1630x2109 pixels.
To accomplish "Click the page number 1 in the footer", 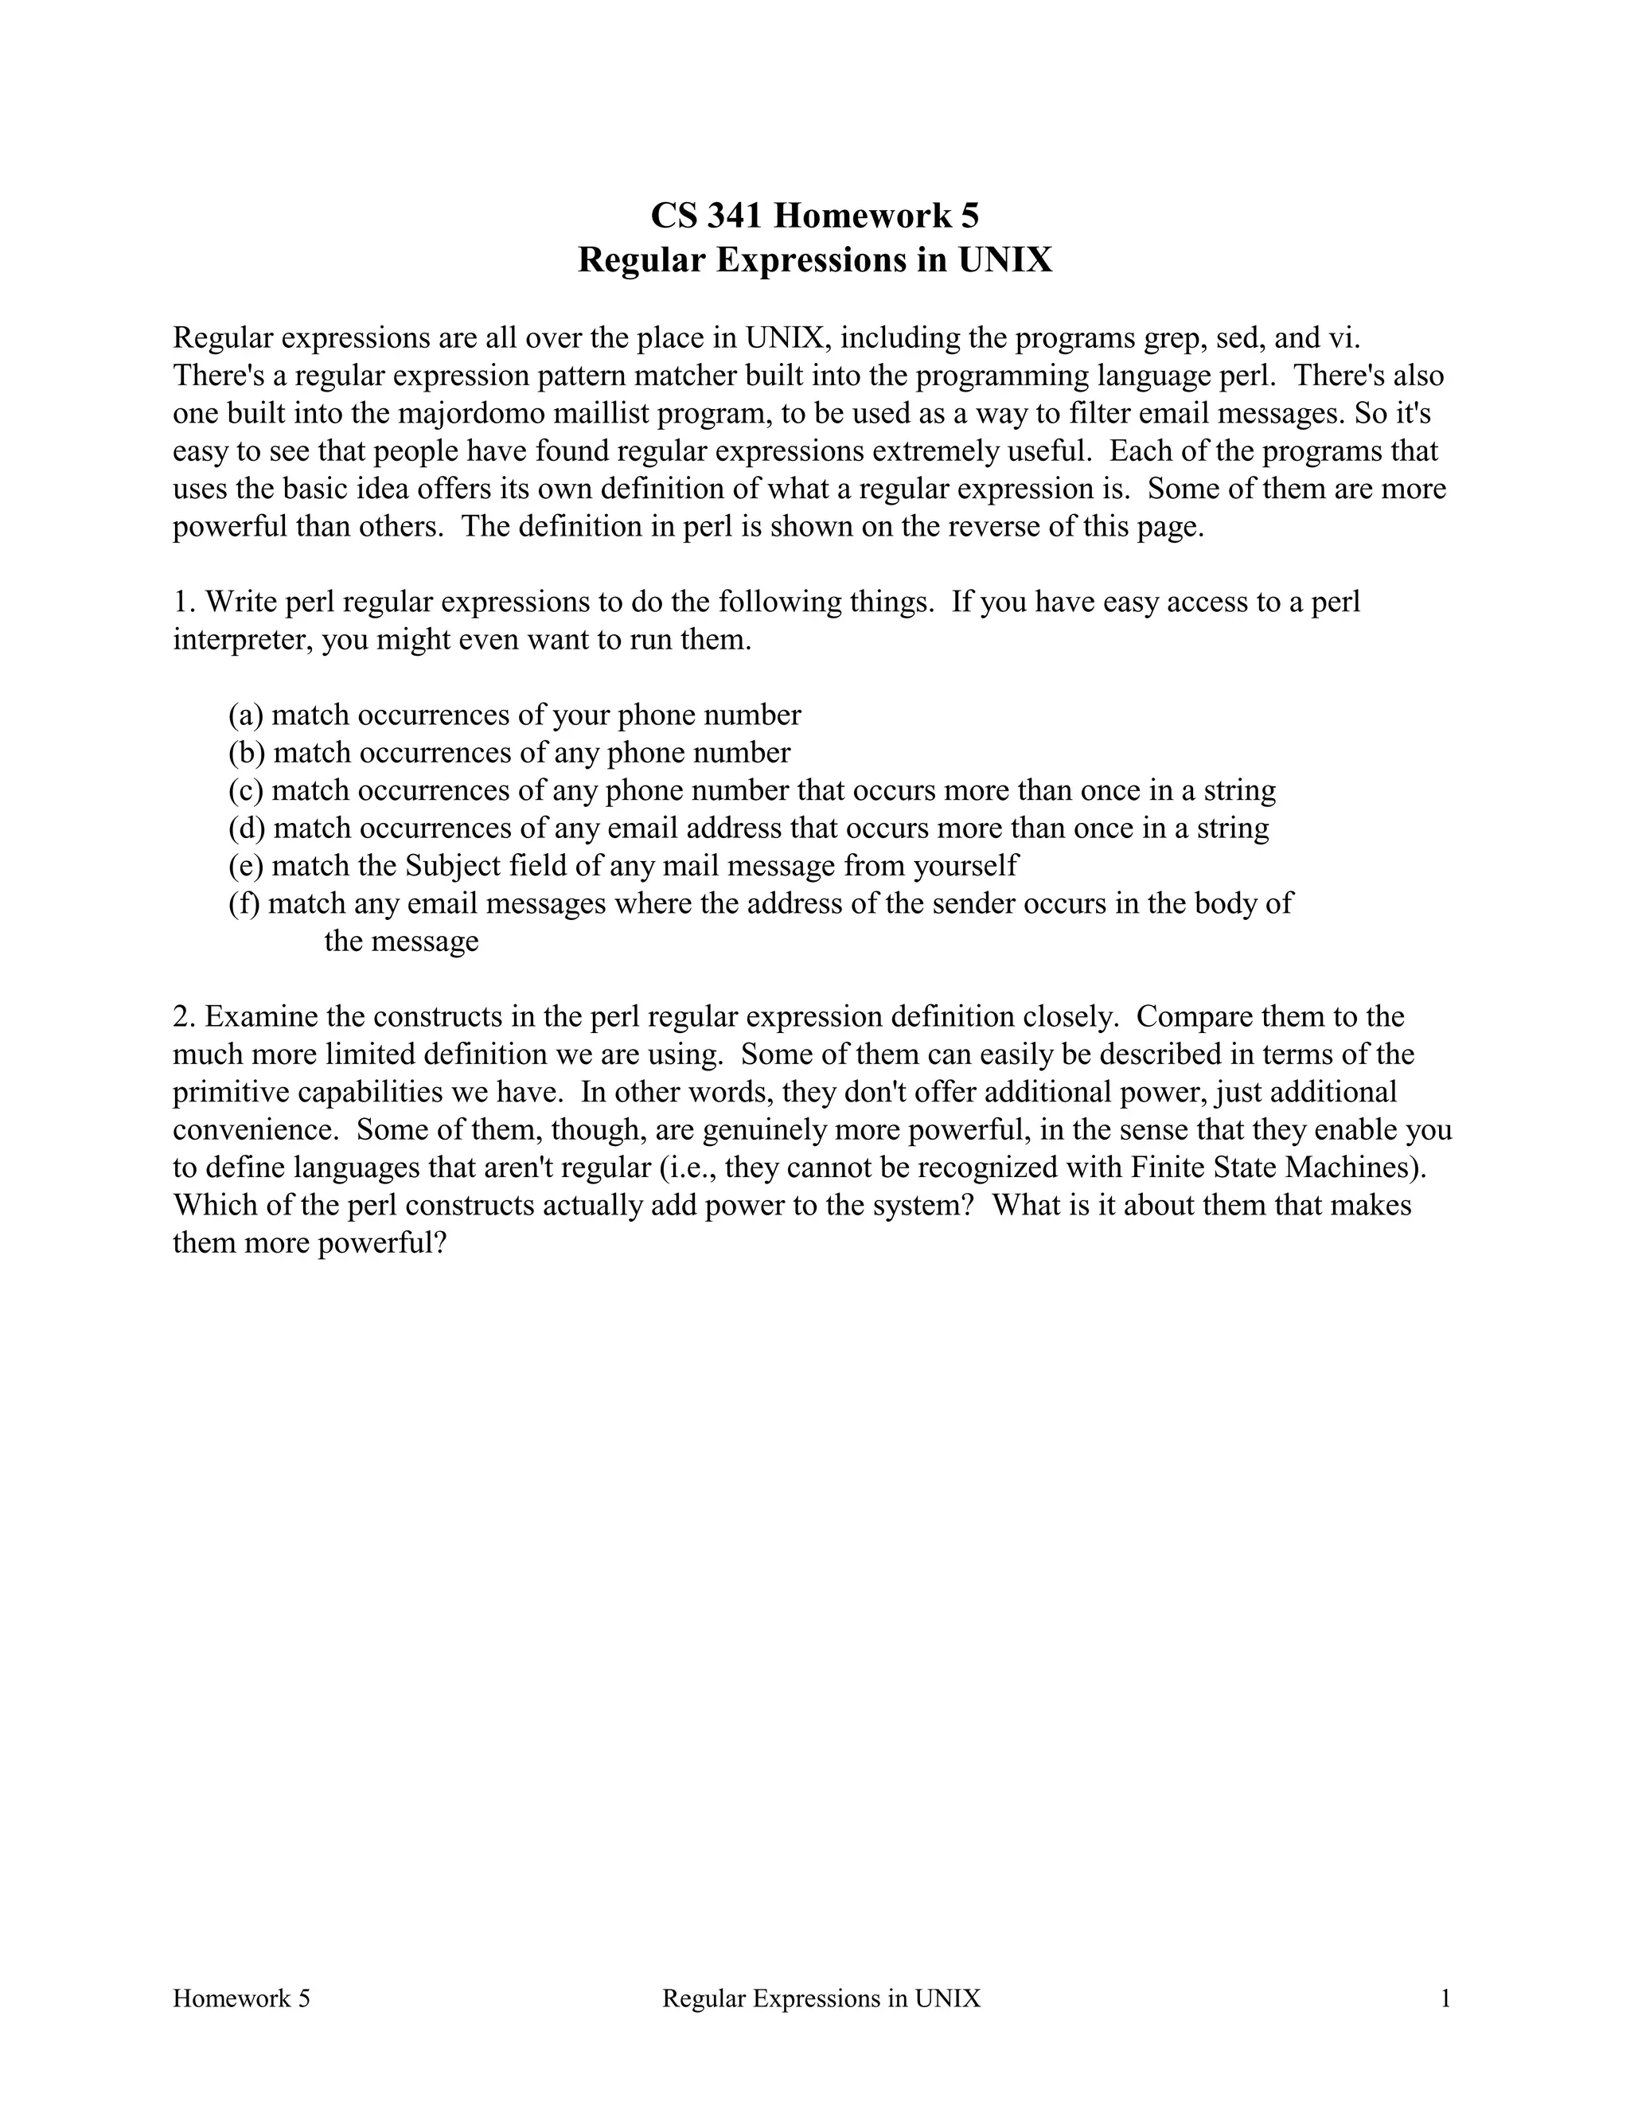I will point(1445,1999).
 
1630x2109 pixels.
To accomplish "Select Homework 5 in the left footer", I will point(241,1999).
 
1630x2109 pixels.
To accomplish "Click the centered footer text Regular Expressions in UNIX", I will point(821,1999).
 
